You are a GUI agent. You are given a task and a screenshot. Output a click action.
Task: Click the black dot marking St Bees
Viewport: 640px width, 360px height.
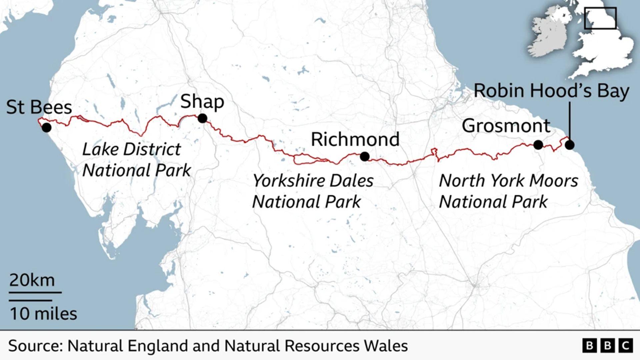[x=46, y=127]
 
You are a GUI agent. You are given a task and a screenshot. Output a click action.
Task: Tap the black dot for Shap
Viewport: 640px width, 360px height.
[x=202, y=118]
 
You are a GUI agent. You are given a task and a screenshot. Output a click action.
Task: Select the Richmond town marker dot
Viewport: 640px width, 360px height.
[x=365, y=156]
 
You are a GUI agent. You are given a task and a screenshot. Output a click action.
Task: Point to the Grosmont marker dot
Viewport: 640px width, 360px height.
[x=538, y=145]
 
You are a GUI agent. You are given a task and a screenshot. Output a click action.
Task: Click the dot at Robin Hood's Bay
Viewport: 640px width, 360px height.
[x=569, y=145]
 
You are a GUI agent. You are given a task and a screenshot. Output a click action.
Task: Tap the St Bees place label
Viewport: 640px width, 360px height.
[x=39, y=107]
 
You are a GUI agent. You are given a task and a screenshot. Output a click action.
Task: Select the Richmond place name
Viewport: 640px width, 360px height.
[x=355, y=139]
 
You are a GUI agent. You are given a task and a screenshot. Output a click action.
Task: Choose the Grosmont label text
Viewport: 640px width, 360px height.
[x=506, y=126]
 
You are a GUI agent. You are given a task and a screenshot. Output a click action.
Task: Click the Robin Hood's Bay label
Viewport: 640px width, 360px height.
[x=551, y=91]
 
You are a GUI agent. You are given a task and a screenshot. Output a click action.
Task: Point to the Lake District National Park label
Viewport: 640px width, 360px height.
[x=136, y=160]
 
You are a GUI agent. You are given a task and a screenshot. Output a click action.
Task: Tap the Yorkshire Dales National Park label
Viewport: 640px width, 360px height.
[x=312, y=191]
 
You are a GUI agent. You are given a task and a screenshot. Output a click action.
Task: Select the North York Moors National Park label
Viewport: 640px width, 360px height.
[x=508, y=191]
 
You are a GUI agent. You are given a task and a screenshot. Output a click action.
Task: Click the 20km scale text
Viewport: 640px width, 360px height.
[x=32, y=280]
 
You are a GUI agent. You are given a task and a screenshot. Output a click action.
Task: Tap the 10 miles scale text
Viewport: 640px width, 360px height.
[x=43, y=314]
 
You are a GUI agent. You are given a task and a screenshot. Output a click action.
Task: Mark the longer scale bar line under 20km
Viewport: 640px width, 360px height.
[x=35, y=293]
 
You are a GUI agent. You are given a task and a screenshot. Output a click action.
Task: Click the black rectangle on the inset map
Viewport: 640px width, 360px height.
[x=600, y=18]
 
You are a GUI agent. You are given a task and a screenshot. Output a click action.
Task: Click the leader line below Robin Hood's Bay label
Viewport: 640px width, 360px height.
[x=569, y=122]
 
